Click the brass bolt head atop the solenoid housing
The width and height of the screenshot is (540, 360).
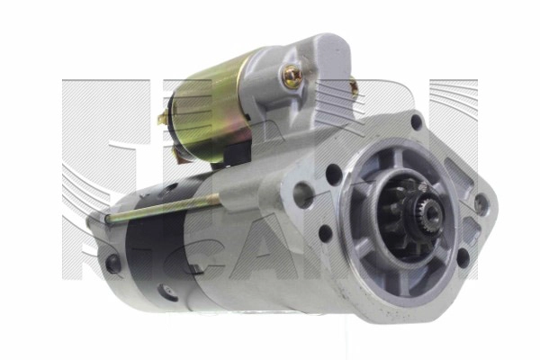click(x=292, y=78)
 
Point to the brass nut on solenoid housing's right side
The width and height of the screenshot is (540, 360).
click(x=353, y=90)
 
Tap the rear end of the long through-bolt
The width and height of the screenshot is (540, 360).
click(x=107, y=218)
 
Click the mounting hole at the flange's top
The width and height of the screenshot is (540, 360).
click(x=416, y=121)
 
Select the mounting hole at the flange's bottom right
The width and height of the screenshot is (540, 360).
click(x=462, y=257)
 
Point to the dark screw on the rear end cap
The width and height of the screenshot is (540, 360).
click(x=112, y=264)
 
